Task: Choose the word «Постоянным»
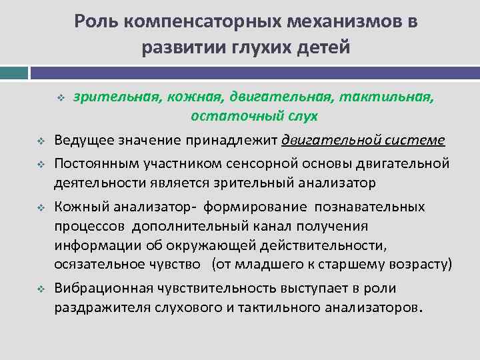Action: click(95, 164)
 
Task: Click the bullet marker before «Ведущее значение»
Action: click(39, 141)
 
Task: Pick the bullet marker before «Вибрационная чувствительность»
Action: click(39, 288)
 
